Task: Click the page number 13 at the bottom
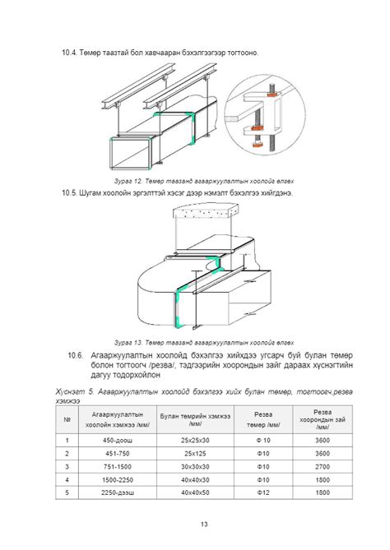click(204, 524)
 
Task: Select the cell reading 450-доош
click(118, 440)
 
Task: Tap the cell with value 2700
click(323, 466)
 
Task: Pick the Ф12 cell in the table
click(263, 492)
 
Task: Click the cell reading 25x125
click(195, 454)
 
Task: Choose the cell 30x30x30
click(195, 466)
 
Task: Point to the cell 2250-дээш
click(118, 492)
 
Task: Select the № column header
click(67, 419)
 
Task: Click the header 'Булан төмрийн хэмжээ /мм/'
click(195, 419)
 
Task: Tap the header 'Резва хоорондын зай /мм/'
click(323, 419)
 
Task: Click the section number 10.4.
click(69, 53)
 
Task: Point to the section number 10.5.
click(69, 193)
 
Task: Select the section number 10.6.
click(75, 355)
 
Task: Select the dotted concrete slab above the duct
click(205, 211)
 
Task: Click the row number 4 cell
click(67, 479)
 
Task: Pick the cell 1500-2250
click(118, 479)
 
